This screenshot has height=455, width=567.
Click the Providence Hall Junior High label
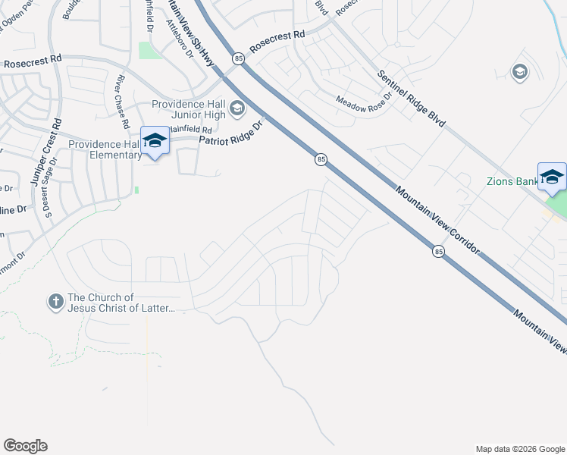189,110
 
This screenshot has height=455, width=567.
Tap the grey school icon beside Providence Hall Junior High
237,110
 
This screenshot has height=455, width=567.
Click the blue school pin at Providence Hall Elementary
155,140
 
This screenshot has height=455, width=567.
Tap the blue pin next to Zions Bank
552,177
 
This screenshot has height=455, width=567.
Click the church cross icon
55,303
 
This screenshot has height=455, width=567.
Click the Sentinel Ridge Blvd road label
412,99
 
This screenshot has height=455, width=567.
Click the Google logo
25,446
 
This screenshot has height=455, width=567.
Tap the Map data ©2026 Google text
519,449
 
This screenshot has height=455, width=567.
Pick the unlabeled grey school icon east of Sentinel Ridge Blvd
519,73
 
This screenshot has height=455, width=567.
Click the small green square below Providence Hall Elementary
136,190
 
